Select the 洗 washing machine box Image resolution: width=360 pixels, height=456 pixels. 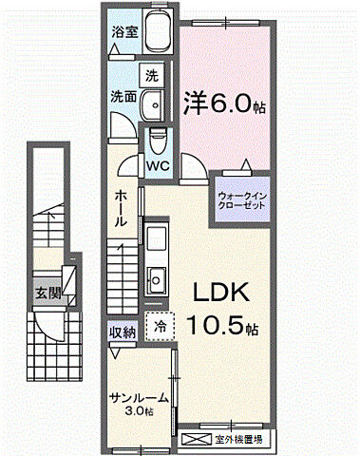[151, 75]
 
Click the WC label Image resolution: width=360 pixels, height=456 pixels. [158, 163]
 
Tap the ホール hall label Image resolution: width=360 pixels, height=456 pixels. [123, 208]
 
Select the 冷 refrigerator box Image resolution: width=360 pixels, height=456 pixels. [160, 327]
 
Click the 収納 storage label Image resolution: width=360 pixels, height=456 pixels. [122, 332]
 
